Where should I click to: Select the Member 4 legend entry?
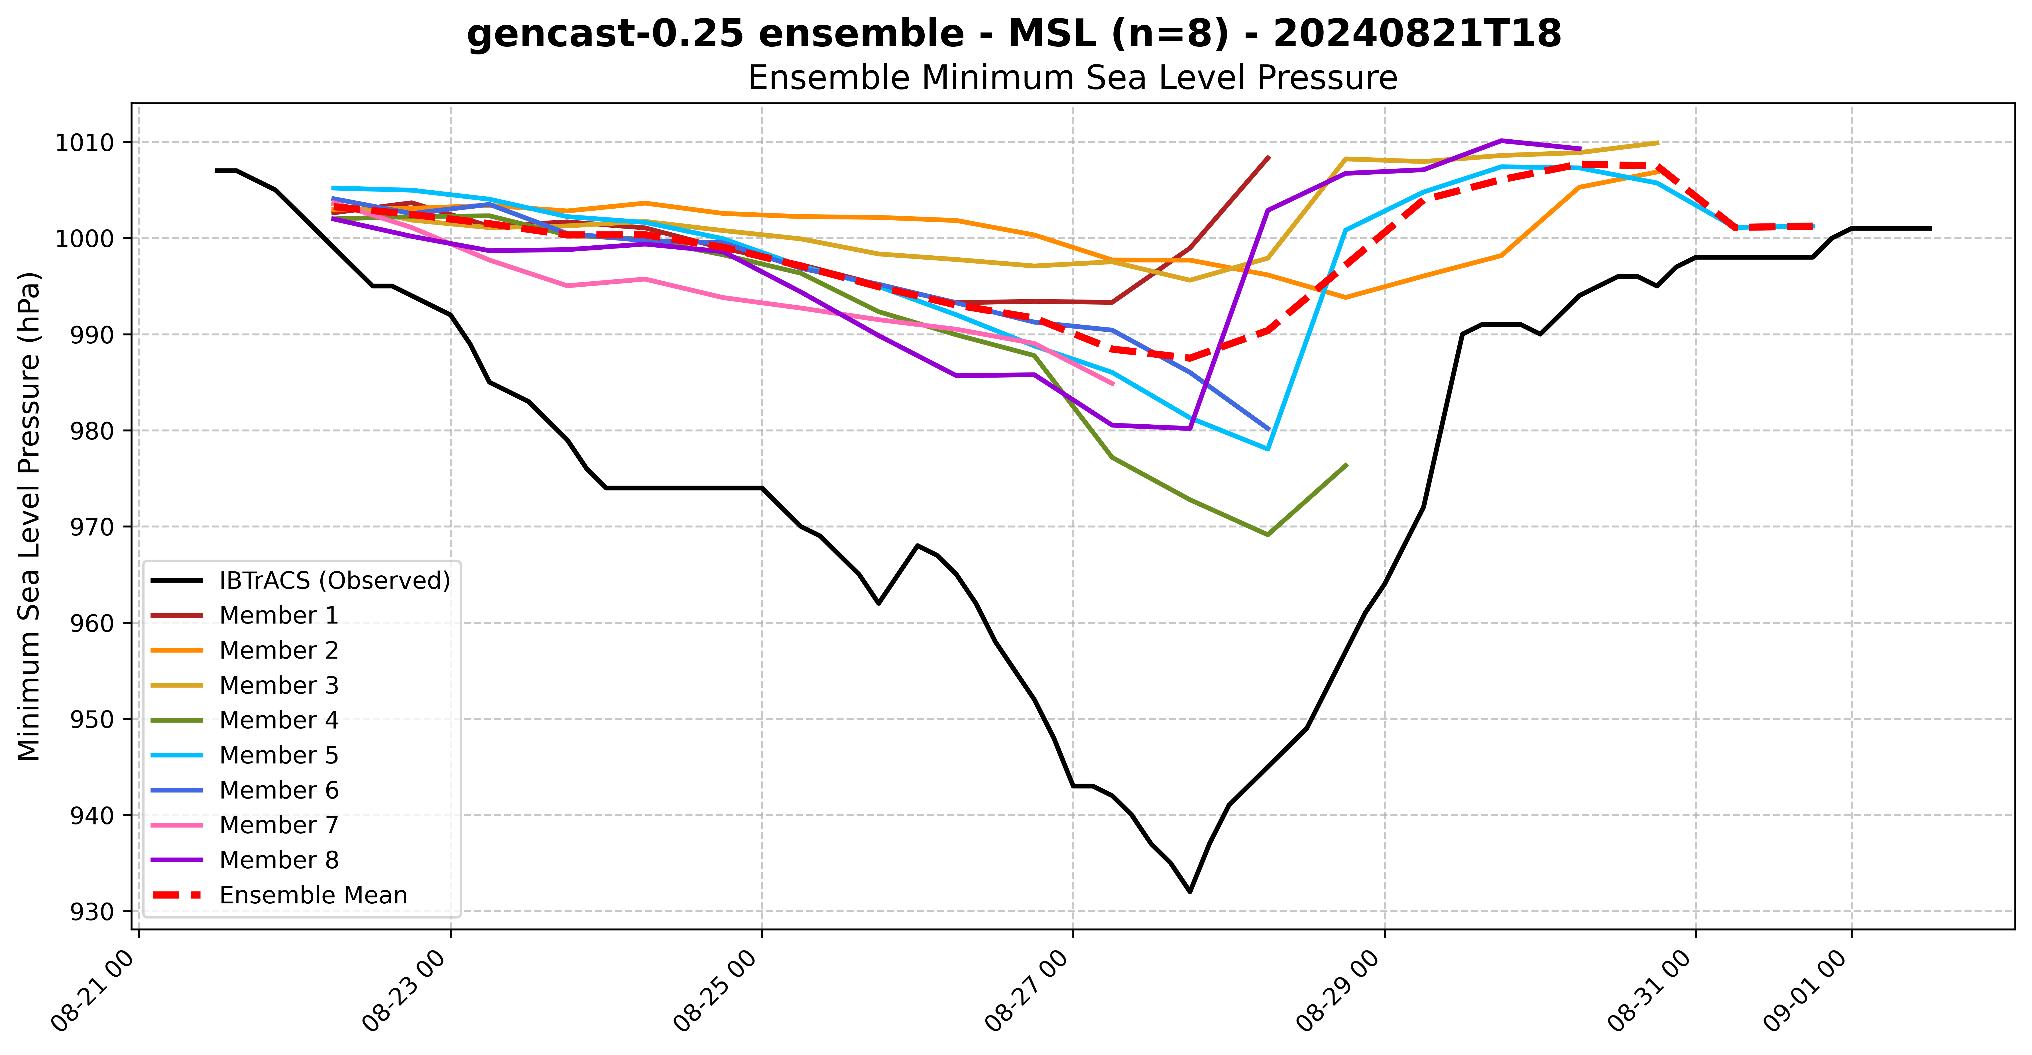coord(278,720)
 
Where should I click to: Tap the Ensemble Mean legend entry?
coord(313,895)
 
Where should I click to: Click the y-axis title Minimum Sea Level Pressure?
coord(29,516)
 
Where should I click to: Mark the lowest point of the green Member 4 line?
coord(1268,535)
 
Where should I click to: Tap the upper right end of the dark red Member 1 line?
coord(1268,157)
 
